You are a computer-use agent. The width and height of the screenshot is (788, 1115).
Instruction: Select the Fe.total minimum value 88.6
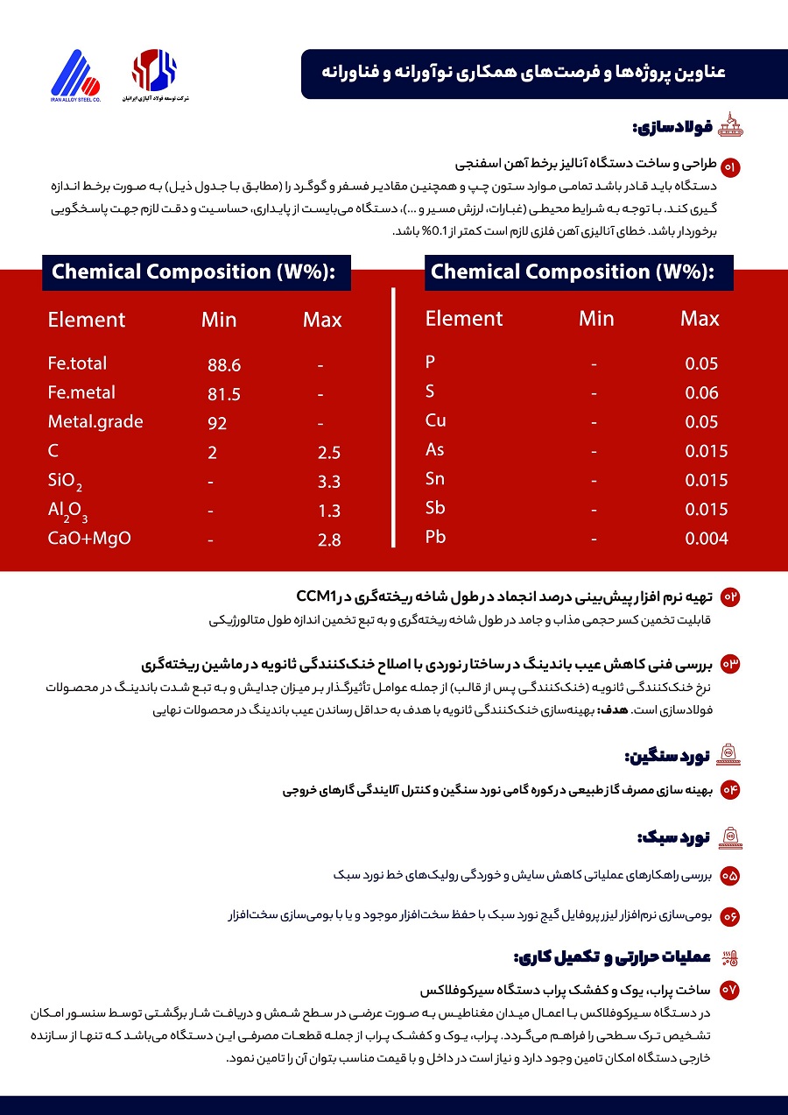[x=224, y=365]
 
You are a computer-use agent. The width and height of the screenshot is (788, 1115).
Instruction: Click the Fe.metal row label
[x=81, y=392]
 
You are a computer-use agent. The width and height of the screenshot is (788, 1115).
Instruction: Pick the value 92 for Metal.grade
[x=218, y=424]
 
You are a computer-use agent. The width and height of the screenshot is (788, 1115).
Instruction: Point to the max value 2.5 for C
[x=329, y=453]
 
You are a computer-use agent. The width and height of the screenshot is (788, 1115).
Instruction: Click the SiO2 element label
[x=66, y=481]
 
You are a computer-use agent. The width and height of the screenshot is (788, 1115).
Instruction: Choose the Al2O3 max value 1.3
[x=329, y=512]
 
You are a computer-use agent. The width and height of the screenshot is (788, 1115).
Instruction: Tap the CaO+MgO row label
[x=89, y=538]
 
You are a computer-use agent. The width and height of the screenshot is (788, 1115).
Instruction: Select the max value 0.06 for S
[x=701, y=393]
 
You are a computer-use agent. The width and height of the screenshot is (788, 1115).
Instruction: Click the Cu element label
[x=435, y=420]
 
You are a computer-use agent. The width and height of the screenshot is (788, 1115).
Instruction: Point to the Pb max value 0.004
[x=706, y=539]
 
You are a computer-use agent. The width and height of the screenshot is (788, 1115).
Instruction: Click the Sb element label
[x=435, y=508]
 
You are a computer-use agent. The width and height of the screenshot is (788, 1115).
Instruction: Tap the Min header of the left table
[x=219, y=320]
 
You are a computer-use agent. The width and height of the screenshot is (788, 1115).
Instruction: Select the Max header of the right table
[x=700, y=318]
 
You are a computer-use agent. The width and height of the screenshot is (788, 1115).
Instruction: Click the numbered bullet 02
[x=729, y=597]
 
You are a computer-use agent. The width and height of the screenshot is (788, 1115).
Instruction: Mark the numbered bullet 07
[x=729, y=990]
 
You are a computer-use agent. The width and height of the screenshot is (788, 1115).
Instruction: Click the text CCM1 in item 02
[x=316, y=596]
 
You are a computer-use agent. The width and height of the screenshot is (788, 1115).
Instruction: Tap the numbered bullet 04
[x=729, y=790]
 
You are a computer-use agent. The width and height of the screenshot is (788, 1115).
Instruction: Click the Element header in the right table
[x=464, y=318]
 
